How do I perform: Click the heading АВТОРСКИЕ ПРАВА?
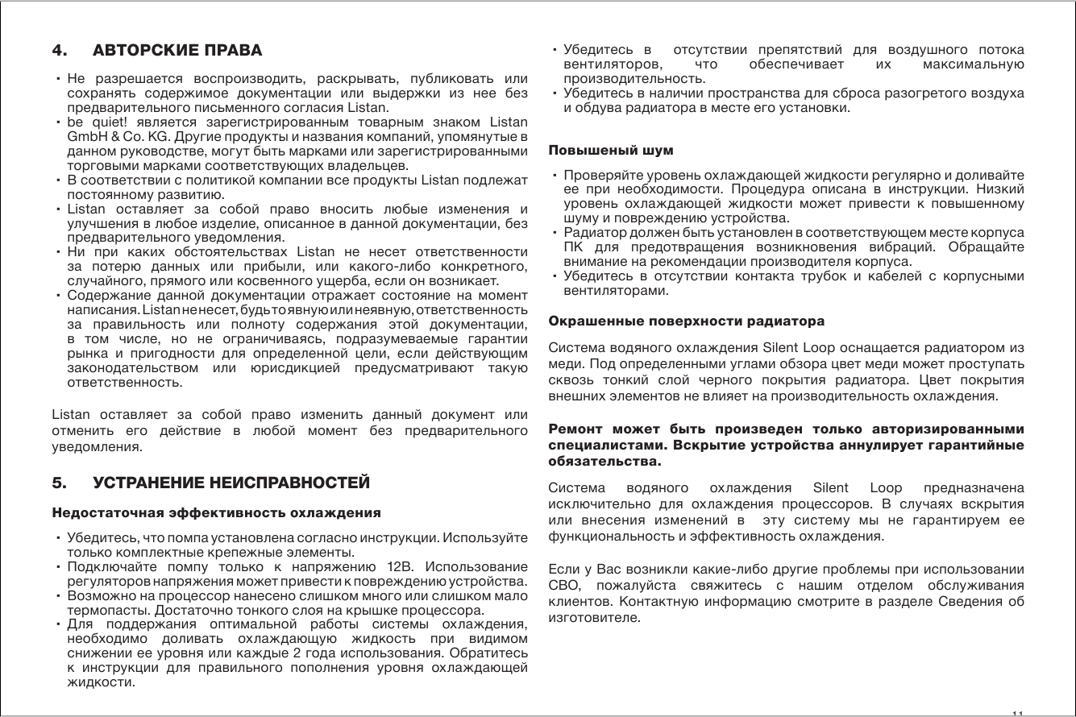coord(178,51)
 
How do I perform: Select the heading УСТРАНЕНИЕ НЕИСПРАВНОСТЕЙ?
coord(232,483)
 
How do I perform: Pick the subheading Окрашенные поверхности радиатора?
coord(686,321)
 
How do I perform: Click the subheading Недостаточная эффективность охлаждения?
coord(216,512)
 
